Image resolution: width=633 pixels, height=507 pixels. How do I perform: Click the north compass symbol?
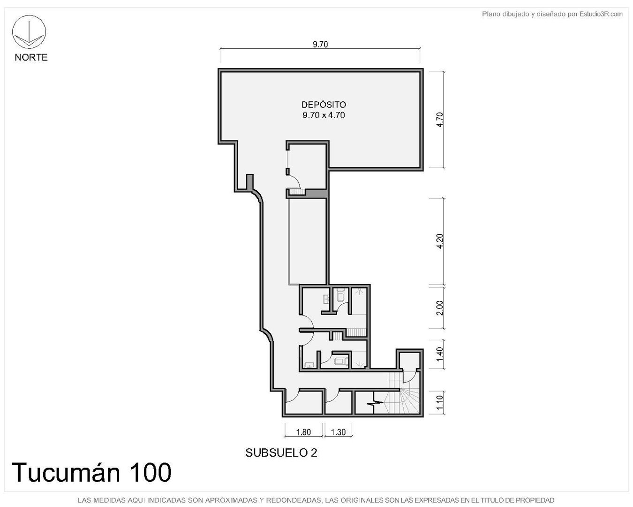tap(29, 32)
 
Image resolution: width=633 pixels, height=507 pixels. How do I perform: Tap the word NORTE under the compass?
tap(31, 57)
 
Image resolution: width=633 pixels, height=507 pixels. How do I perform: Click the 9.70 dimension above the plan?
tap(320, 44)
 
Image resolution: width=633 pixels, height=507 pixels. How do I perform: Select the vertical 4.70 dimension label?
tap(439, 120)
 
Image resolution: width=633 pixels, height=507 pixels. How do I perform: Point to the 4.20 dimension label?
tap(439, 241)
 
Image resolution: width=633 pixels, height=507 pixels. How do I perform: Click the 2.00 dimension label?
tap(439, 307)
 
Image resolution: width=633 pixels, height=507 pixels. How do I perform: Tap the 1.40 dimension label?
tap(439, 354)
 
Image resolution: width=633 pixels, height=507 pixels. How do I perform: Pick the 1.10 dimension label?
tap(439, 402)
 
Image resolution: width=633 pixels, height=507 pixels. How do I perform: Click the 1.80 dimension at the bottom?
tap(303, 432)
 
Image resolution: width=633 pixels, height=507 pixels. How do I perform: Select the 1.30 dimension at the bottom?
tap(338, 432)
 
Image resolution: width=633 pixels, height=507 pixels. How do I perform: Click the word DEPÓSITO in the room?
tap(324, 105)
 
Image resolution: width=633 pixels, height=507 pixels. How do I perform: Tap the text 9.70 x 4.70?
tap(324, 115)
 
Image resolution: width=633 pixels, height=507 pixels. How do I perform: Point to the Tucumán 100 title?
tap(91, 473)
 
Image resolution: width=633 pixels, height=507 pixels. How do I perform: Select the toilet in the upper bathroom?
tap(340, 295)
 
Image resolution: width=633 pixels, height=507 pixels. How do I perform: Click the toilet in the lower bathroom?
tap(341, 361)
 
